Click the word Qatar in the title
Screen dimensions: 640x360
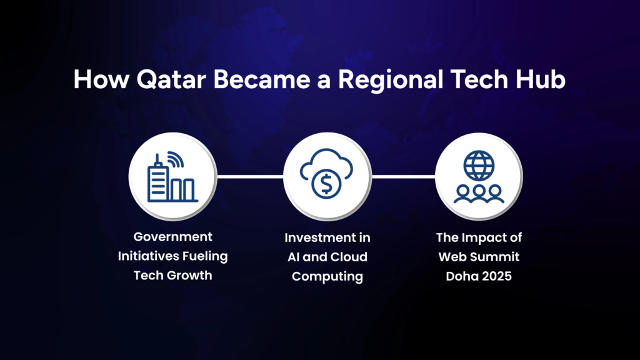(x=171, y=79)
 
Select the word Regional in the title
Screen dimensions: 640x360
(x=391, y=81)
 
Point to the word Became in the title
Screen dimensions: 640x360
(x=262, y=79)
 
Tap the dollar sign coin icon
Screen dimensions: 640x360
(x=326, y=184)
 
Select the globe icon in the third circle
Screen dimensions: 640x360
(x=479, y=166)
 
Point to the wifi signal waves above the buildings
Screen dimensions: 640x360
(x=176, y=159)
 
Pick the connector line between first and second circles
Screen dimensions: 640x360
(x=250, y=177)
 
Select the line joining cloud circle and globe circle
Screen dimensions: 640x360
(x=403, y=177)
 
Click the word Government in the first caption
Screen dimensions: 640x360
(x=172, y=237)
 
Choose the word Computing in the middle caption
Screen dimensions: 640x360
(x=327, y=277)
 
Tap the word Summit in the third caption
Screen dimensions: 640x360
(x=497, y=257)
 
